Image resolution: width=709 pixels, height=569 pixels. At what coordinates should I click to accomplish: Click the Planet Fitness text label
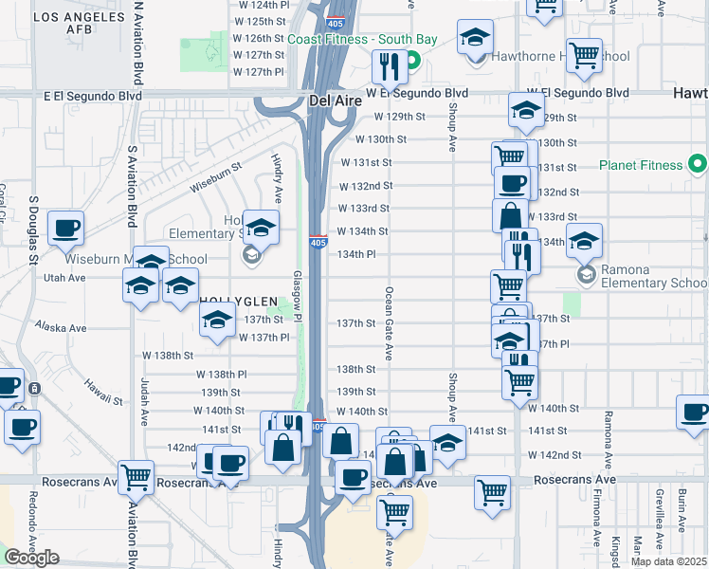pyautogui.click(x=641, y=165)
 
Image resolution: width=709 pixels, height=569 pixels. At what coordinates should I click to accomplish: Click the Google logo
pyautogui.click(x=31, y=558)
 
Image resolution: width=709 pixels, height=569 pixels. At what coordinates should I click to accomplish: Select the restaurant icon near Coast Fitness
pyautogui.click(x=389, y=66)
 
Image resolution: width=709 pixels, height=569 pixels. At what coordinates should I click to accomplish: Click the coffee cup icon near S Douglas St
pyautogui.click(x=66, y=229)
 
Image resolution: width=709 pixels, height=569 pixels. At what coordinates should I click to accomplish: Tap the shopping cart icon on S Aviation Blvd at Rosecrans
pyautogui.click(x=136, y=478)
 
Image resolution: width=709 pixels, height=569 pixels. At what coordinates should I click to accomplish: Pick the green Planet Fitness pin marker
pyautogui.click(x=699, y=165)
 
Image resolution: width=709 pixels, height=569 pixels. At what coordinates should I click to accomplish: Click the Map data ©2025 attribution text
pyautogui.click(x=668, y=561)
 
